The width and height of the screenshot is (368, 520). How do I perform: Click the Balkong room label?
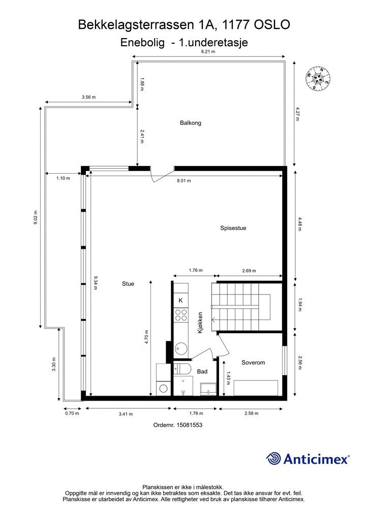[191, 123]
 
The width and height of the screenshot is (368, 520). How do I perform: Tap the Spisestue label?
[233, 228]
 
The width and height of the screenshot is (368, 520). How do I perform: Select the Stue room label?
[128, 284]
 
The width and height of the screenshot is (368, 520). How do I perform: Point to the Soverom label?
[253, 363]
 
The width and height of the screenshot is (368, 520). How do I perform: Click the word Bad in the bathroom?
[202, 372]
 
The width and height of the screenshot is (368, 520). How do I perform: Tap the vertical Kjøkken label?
[200, 322]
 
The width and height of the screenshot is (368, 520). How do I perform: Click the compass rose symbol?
[318, 79]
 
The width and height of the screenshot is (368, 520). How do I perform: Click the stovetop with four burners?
[181, 315]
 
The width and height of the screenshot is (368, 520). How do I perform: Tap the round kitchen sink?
[181, 348]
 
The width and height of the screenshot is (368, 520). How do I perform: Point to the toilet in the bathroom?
[182, 369]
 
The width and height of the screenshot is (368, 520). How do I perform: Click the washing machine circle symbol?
[163, 388]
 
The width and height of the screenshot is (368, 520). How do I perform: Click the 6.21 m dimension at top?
[208, 51]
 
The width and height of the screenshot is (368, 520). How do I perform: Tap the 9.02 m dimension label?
[36, 217]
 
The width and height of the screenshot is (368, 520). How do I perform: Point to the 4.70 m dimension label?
[146, 337]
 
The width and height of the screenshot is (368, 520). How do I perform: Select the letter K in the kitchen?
[181, 301]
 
